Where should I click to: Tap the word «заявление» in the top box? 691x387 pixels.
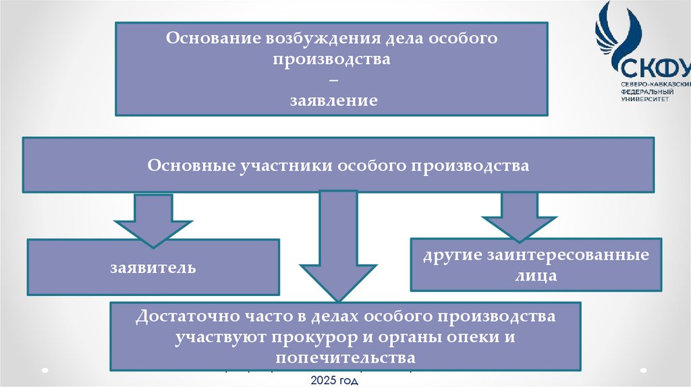pyautogui.click(x=333, y=101)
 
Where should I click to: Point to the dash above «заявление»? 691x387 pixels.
pyautogui.click(x=333, y=80)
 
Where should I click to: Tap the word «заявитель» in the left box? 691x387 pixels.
pyautogui.click(x=153, y=268)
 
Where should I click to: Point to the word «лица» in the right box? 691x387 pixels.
pyautogui.click(x=538, y=276)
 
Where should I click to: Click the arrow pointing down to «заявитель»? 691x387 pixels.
pyautogui.click(x=154, y=218)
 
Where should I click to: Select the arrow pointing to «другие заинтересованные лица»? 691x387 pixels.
pyautogui.click(x=519, y=216)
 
